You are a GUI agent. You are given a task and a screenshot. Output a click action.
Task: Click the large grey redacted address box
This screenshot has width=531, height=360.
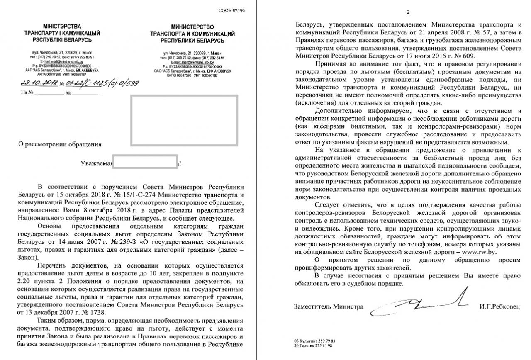pos(184,120)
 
